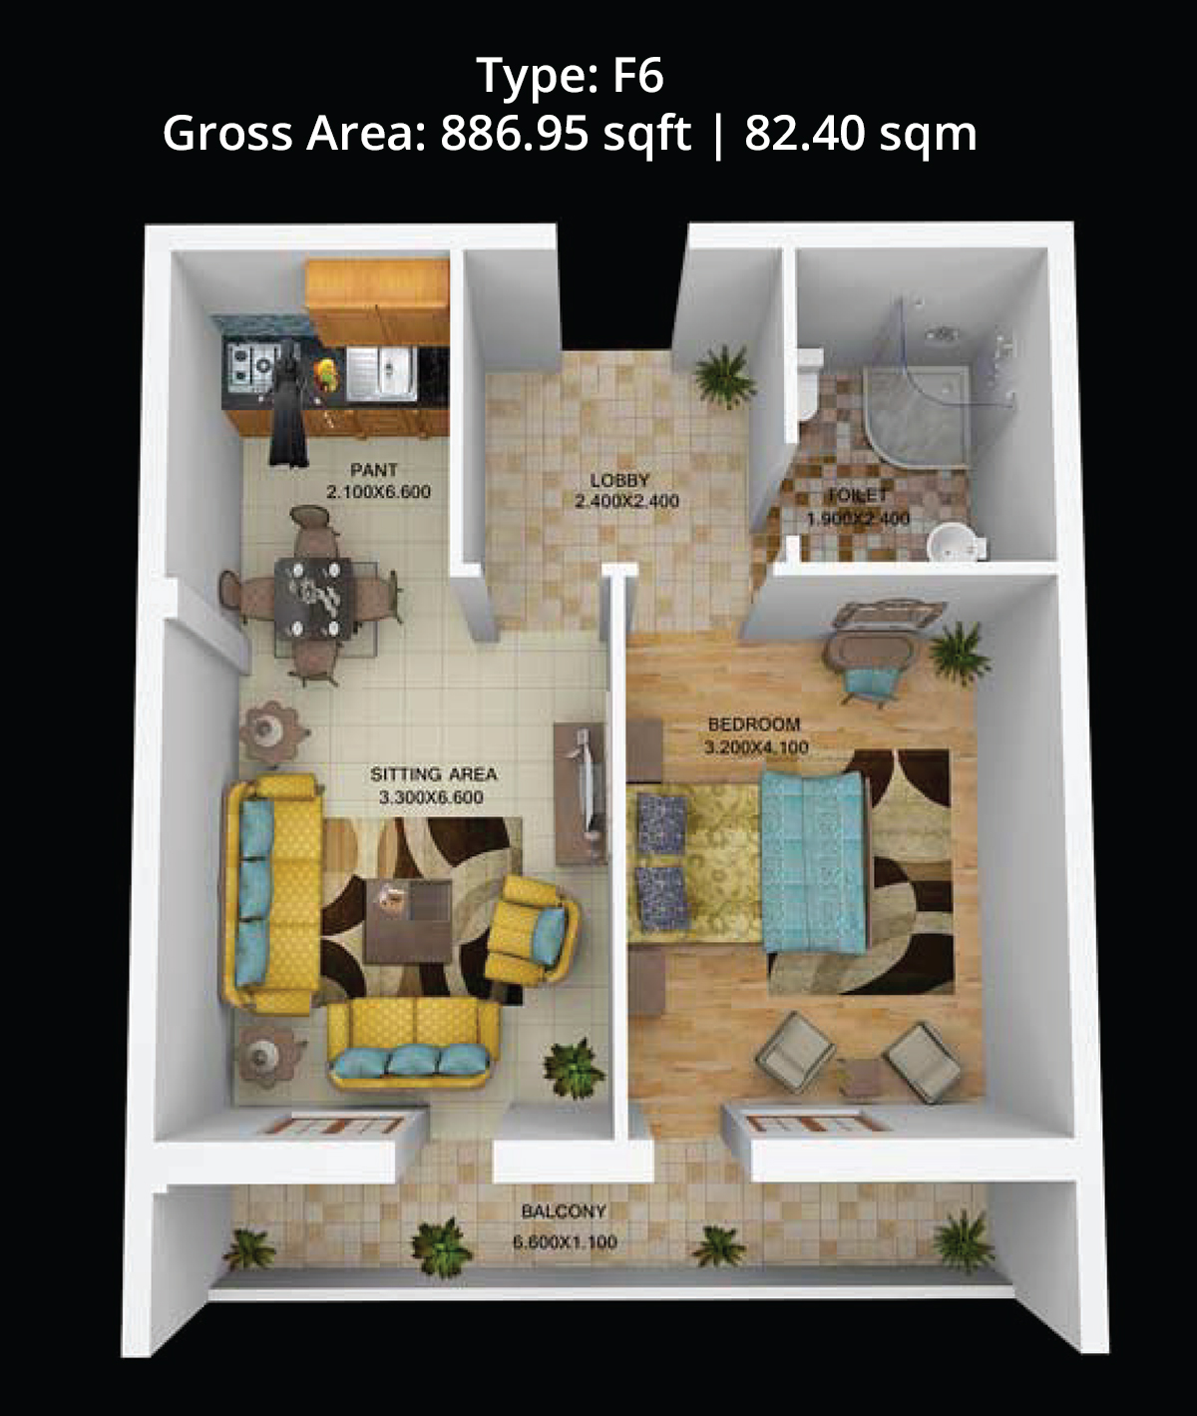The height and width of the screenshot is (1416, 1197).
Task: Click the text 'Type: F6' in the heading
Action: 570,75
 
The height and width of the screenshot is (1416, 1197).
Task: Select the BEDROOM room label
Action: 754,723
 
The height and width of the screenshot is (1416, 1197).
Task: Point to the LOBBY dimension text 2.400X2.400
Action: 626,502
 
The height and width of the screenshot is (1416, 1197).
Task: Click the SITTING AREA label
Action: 434,774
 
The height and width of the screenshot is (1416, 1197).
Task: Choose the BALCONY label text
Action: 564,1211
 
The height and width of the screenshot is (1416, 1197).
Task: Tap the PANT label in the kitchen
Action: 374,470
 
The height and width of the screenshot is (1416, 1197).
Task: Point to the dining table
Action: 313,598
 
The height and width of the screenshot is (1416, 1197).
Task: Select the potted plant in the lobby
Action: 724,377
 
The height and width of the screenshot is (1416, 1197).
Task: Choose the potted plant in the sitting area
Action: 575,1070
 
